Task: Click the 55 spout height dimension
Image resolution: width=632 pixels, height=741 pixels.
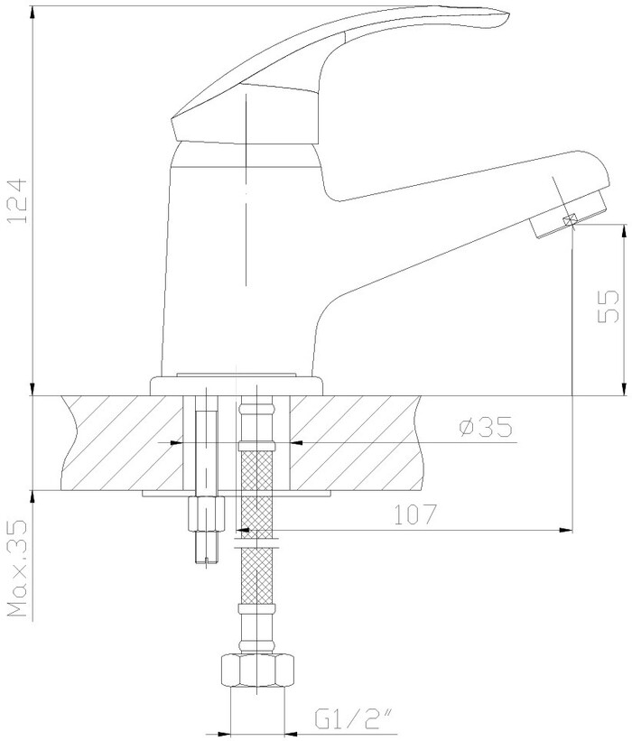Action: [609, 306]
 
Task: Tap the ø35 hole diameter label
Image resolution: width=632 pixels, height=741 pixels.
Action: [486, 427]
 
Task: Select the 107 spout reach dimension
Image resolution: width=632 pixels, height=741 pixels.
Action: [414, 514]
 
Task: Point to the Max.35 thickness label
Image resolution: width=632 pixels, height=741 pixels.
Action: [17, 569]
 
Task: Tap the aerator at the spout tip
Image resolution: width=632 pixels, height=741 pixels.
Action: [568, 213]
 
